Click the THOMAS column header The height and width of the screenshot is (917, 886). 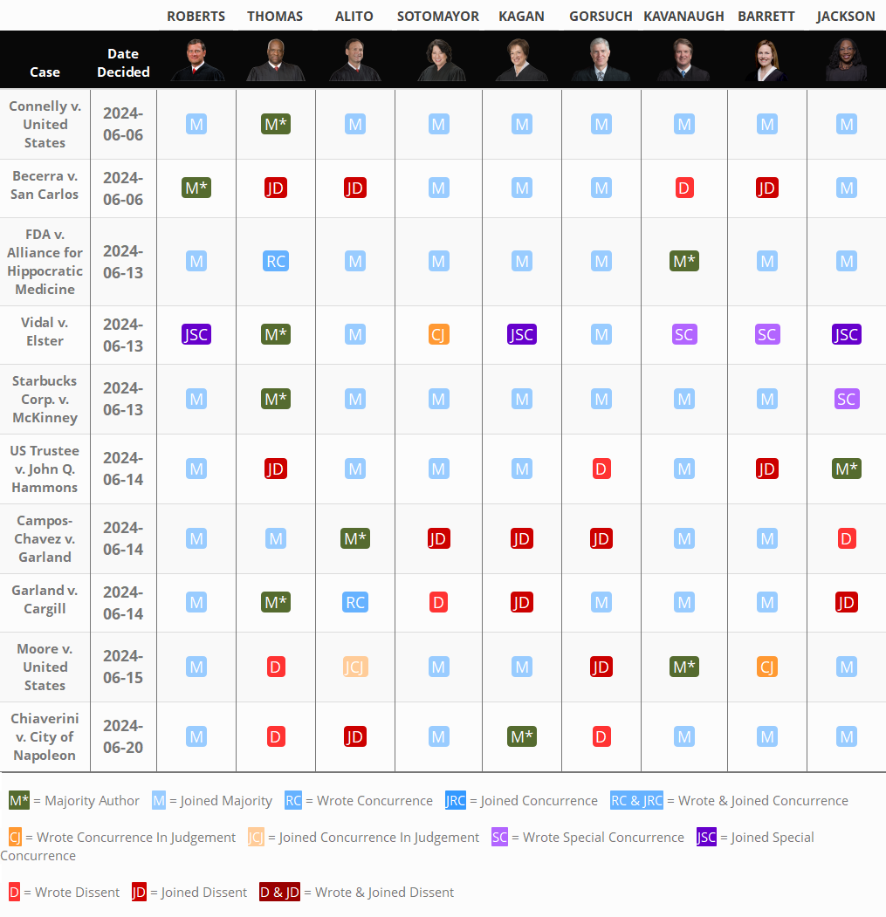[x=275, y=17]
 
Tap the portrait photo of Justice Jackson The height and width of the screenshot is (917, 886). [x=846, y=60]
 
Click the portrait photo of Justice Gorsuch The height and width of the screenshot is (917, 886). [x=601, y=60]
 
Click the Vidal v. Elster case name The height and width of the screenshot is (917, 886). [x=45, y=332]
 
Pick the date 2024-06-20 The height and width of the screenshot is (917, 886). [x=123, y=736]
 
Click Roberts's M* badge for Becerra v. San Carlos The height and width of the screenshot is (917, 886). [x=196, y=188]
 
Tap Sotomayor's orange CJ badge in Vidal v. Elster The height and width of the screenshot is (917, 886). [x=439, y=334]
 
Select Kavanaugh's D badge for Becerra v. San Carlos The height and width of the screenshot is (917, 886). [x=684, y=188]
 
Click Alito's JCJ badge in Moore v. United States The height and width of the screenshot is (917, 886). [x=355, y=667]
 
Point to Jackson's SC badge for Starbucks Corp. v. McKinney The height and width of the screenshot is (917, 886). [x=846, y=399]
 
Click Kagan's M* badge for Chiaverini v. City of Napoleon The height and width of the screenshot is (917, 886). [x=521, y=736]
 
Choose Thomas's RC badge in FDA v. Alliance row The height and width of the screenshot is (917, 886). [x=276, y=261]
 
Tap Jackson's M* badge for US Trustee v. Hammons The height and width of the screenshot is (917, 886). [x=846, y=469]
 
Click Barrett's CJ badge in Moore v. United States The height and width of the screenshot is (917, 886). [x=766, y=667]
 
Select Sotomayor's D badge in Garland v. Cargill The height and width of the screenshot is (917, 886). [x=439, y=601]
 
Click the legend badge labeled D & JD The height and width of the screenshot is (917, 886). [x=279, y=892]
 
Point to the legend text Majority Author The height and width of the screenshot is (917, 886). [x=92, y=800]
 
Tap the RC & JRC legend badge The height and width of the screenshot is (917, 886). [x=636, y=800]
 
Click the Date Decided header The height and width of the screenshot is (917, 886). [x=123, y=63]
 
